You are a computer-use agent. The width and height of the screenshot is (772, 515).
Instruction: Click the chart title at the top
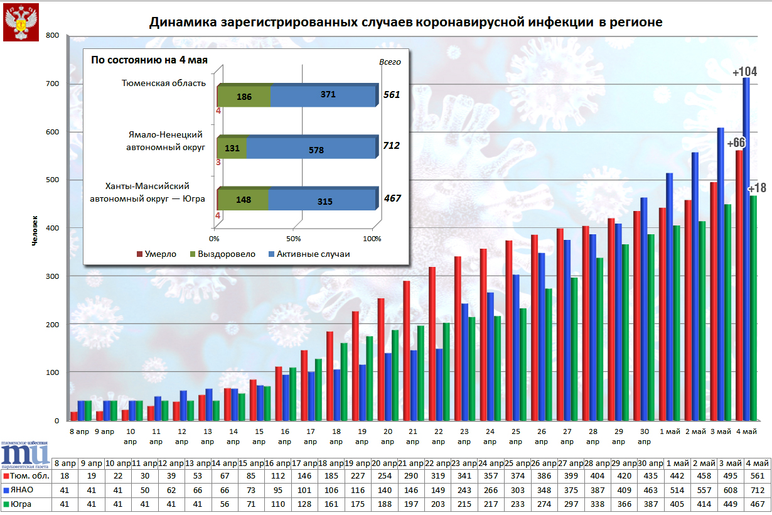pos(405,23)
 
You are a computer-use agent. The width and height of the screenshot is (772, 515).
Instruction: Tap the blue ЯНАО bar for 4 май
pos(746,251)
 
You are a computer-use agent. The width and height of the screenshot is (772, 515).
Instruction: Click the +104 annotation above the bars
pos(745,72)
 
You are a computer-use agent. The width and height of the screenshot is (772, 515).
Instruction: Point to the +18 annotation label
pos(757,188)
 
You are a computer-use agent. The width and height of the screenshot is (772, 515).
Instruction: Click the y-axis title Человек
pos(36,230)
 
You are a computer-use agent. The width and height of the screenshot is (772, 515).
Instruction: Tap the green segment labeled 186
pos(245,97)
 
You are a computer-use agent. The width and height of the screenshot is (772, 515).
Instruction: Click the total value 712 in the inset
pos(391,146)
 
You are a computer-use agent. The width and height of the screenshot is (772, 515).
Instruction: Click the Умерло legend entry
pos(157,254)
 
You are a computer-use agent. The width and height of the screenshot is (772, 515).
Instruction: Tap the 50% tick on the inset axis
pos(293,239)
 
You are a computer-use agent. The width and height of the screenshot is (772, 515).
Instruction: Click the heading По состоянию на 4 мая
pos(149,60)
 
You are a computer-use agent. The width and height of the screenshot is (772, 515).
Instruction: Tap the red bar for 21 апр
pos(406,350)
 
